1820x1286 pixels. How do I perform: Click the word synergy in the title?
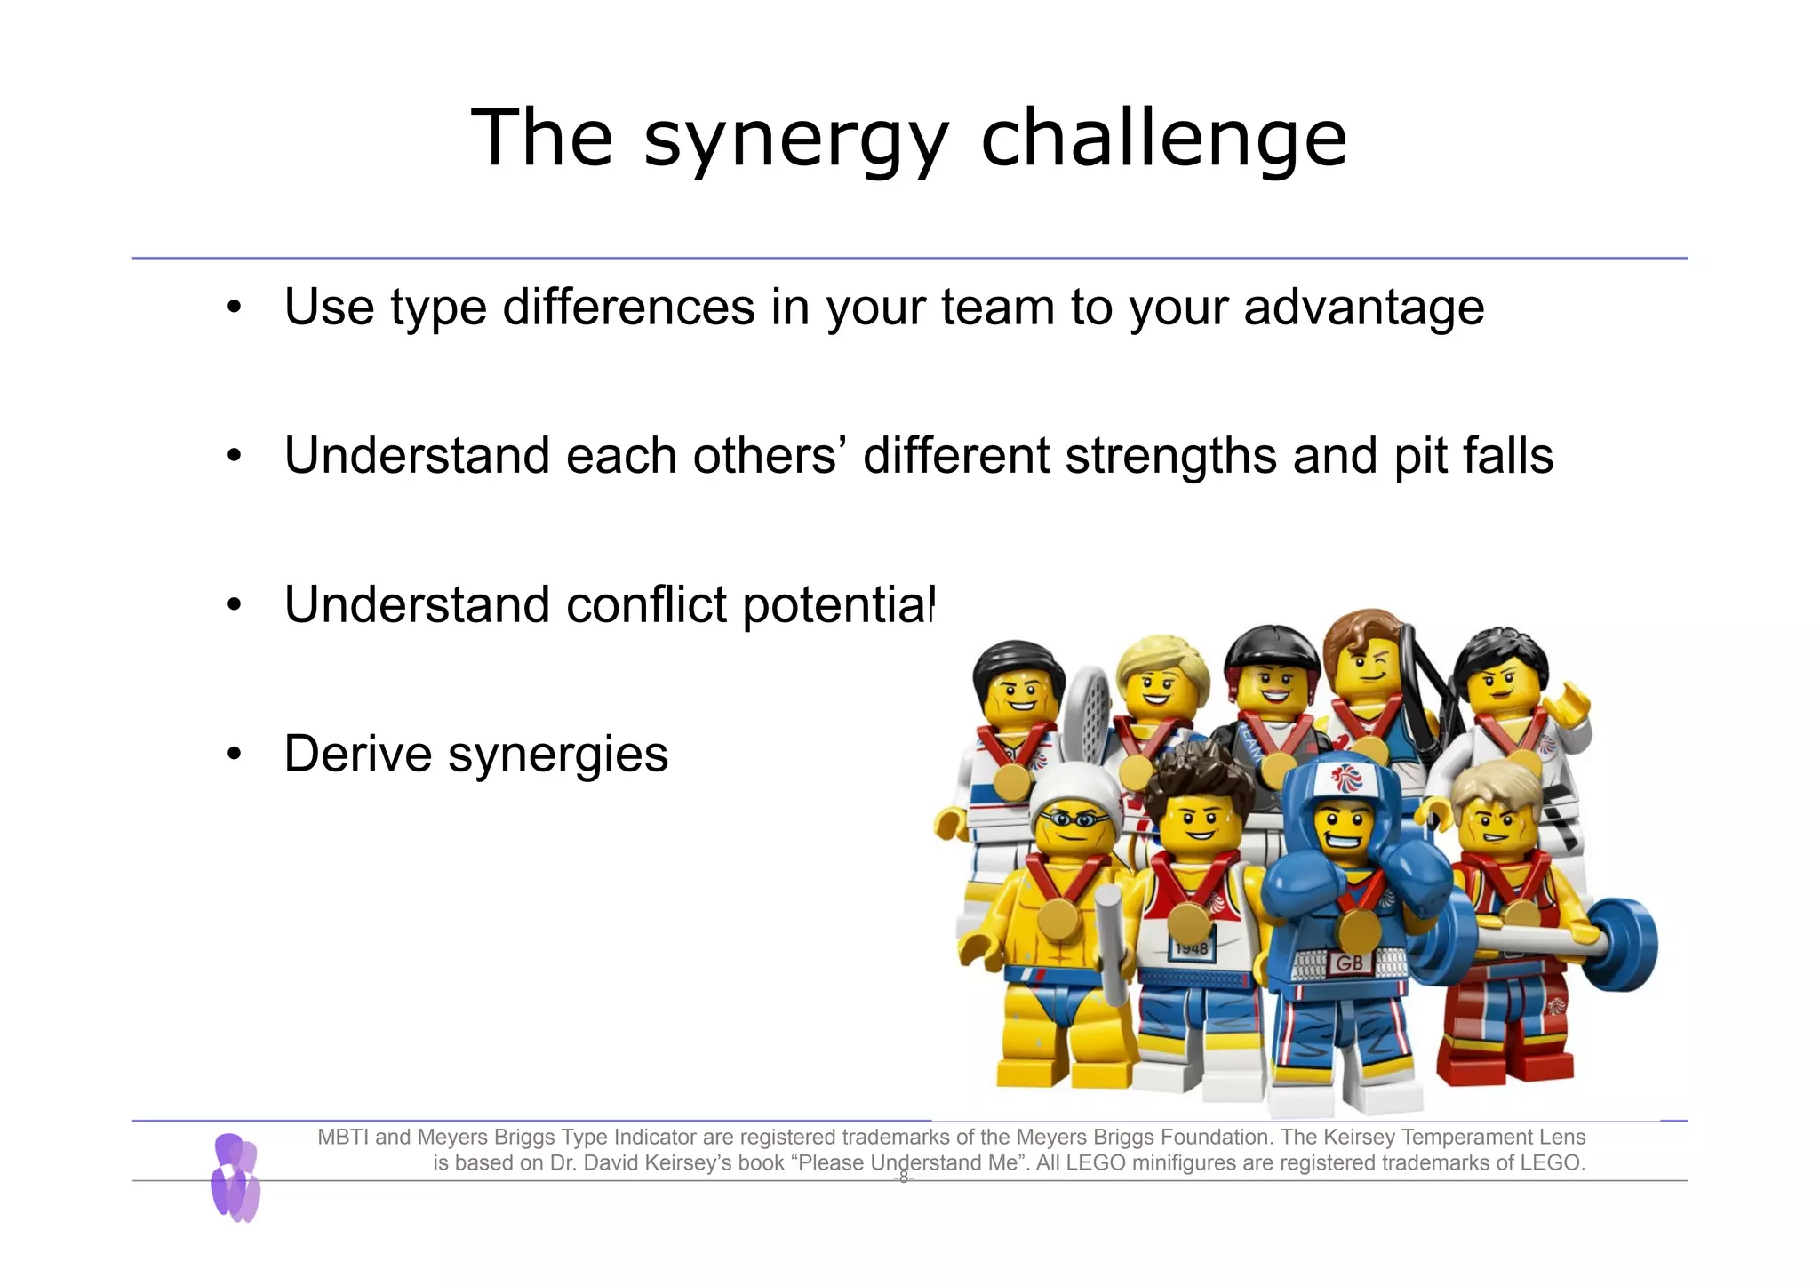coord(796,140)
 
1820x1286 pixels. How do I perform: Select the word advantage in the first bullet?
coord(1363,308)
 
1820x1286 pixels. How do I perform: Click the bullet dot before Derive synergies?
coord(234,755)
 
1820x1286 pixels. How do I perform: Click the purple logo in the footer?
coord(235,1178)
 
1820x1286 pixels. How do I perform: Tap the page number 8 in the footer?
coord(904,1178)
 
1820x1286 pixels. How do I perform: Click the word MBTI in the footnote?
coord(344,1137)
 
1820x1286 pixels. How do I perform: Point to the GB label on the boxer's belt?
coord(1349,963)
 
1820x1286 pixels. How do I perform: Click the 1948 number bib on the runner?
coord(1191,948)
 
